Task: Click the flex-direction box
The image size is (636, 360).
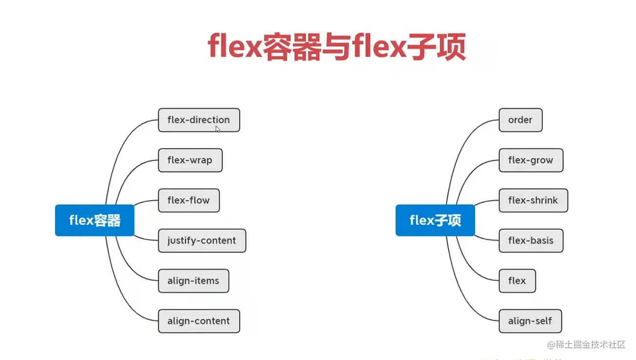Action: pyautogui.click(x=199, y=120)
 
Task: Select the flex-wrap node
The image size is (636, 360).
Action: pyautogui.click(x=190, y=160)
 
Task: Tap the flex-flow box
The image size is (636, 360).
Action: pyautogui.click(x=188, y=200)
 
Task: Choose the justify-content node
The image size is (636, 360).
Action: pyautogui.click(x=202, y=241)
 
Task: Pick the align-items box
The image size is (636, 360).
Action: pyautogui.click(x=193, y=281)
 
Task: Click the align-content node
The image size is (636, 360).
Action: pyautogui.click(x=199, y=321)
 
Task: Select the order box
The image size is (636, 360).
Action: pyautogui.click(x=520, y=120)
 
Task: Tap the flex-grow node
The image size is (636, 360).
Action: pyautogui.click(x=531, y=160)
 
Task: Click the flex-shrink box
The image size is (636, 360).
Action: pyautogui.click(x=533, y=200)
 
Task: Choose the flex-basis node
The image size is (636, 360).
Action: pyautogui.click(x=531, y=241)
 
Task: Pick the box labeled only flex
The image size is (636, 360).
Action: pyautogui.click(x=517, y=281)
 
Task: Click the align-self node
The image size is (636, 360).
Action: pyautogui.click(x=530, y=321)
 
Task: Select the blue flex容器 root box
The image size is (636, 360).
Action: pyautogui.click(x=95, y=220)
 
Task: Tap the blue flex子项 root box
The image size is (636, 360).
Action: pyautogui.click(x=435, y=220)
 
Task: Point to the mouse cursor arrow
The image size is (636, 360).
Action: pyautogui.click(x=218, y=129)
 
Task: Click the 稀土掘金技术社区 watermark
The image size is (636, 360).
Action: pyautogui.click(x=586, y=345)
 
